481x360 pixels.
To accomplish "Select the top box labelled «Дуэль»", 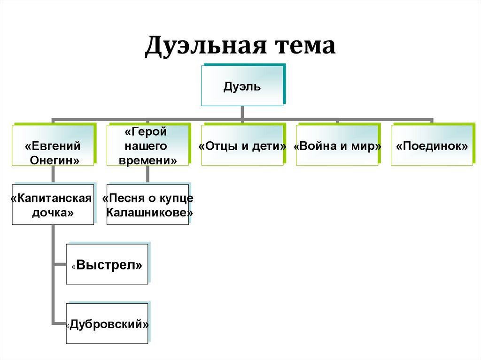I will [x=242, y=86].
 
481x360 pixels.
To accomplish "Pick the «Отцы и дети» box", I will [x=242, y=146].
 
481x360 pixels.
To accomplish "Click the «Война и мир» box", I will [x=337, y=146].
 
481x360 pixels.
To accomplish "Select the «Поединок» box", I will [x=432, y=146].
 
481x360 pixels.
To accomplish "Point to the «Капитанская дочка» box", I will [x=53, y=205].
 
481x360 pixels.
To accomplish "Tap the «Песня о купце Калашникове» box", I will [x=148, y=205].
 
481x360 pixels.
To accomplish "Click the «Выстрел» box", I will [x=107, y=265].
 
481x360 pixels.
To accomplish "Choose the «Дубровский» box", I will [x=107, y=324].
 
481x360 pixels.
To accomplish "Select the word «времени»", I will [x=148, y=160].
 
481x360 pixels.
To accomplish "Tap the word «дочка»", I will [x=53, y=213].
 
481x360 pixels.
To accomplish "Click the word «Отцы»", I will [x=219, y=146].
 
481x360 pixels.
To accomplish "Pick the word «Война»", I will [x=316, y=146].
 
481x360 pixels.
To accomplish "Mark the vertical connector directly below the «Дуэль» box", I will [x=242, y=112].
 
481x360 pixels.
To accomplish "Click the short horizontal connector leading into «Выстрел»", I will [x=60, y=265].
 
